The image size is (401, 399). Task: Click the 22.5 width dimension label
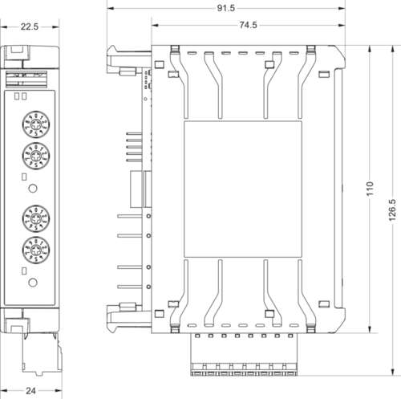pos(30,26)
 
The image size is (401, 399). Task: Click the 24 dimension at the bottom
pos(30,391)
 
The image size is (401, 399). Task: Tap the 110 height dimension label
pos(370,189)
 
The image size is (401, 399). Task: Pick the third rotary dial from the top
pos(33,218)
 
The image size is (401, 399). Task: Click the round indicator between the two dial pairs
pos(33,188)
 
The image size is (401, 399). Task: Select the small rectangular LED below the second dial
pos(23,176)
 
